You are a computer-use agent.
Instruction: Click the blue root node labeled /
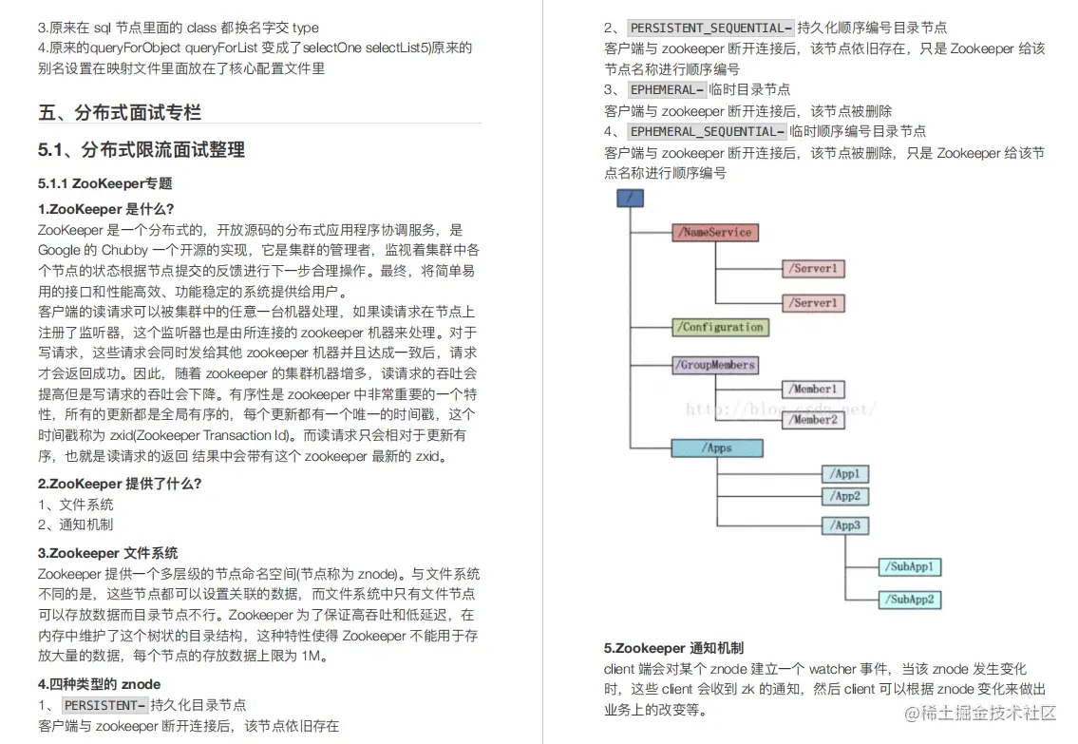(630, 199)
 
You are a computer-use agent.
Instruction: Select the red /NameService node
(715, 232)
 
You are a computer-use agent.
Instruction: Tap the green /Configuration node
(721, 327)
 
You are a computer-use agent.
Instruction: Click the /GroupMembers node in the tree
(715, 365)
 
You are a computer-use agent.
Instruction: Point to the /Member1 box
(813, 389)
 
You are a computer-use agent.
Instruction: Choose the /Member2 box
(813, 419)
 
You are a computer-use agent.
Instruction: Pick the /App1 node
(844, 473)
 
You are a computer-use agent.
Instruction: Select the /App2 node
(844, 496)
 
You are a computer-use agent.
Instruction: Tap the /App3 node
(844, 525)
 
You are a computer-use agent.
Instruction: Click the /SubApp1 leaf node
(910, 567)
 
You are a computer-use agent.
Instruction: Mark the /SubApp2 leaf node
(910, 600)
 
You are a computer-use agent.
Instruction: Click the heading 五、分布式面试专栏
(120, 113)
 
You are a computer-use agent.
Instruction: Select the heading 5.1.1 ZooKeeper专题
(104, 183)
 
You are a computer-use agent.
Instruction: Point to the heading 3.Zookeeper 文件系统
(107, 553)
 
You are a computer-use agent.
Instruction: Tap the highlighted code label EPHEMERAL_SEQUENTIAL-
(707, 131)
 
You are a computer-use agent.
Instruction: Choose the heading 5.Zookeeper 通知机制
(673, 648)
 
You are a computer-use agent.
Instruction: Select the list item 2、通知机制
(76, 525)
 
